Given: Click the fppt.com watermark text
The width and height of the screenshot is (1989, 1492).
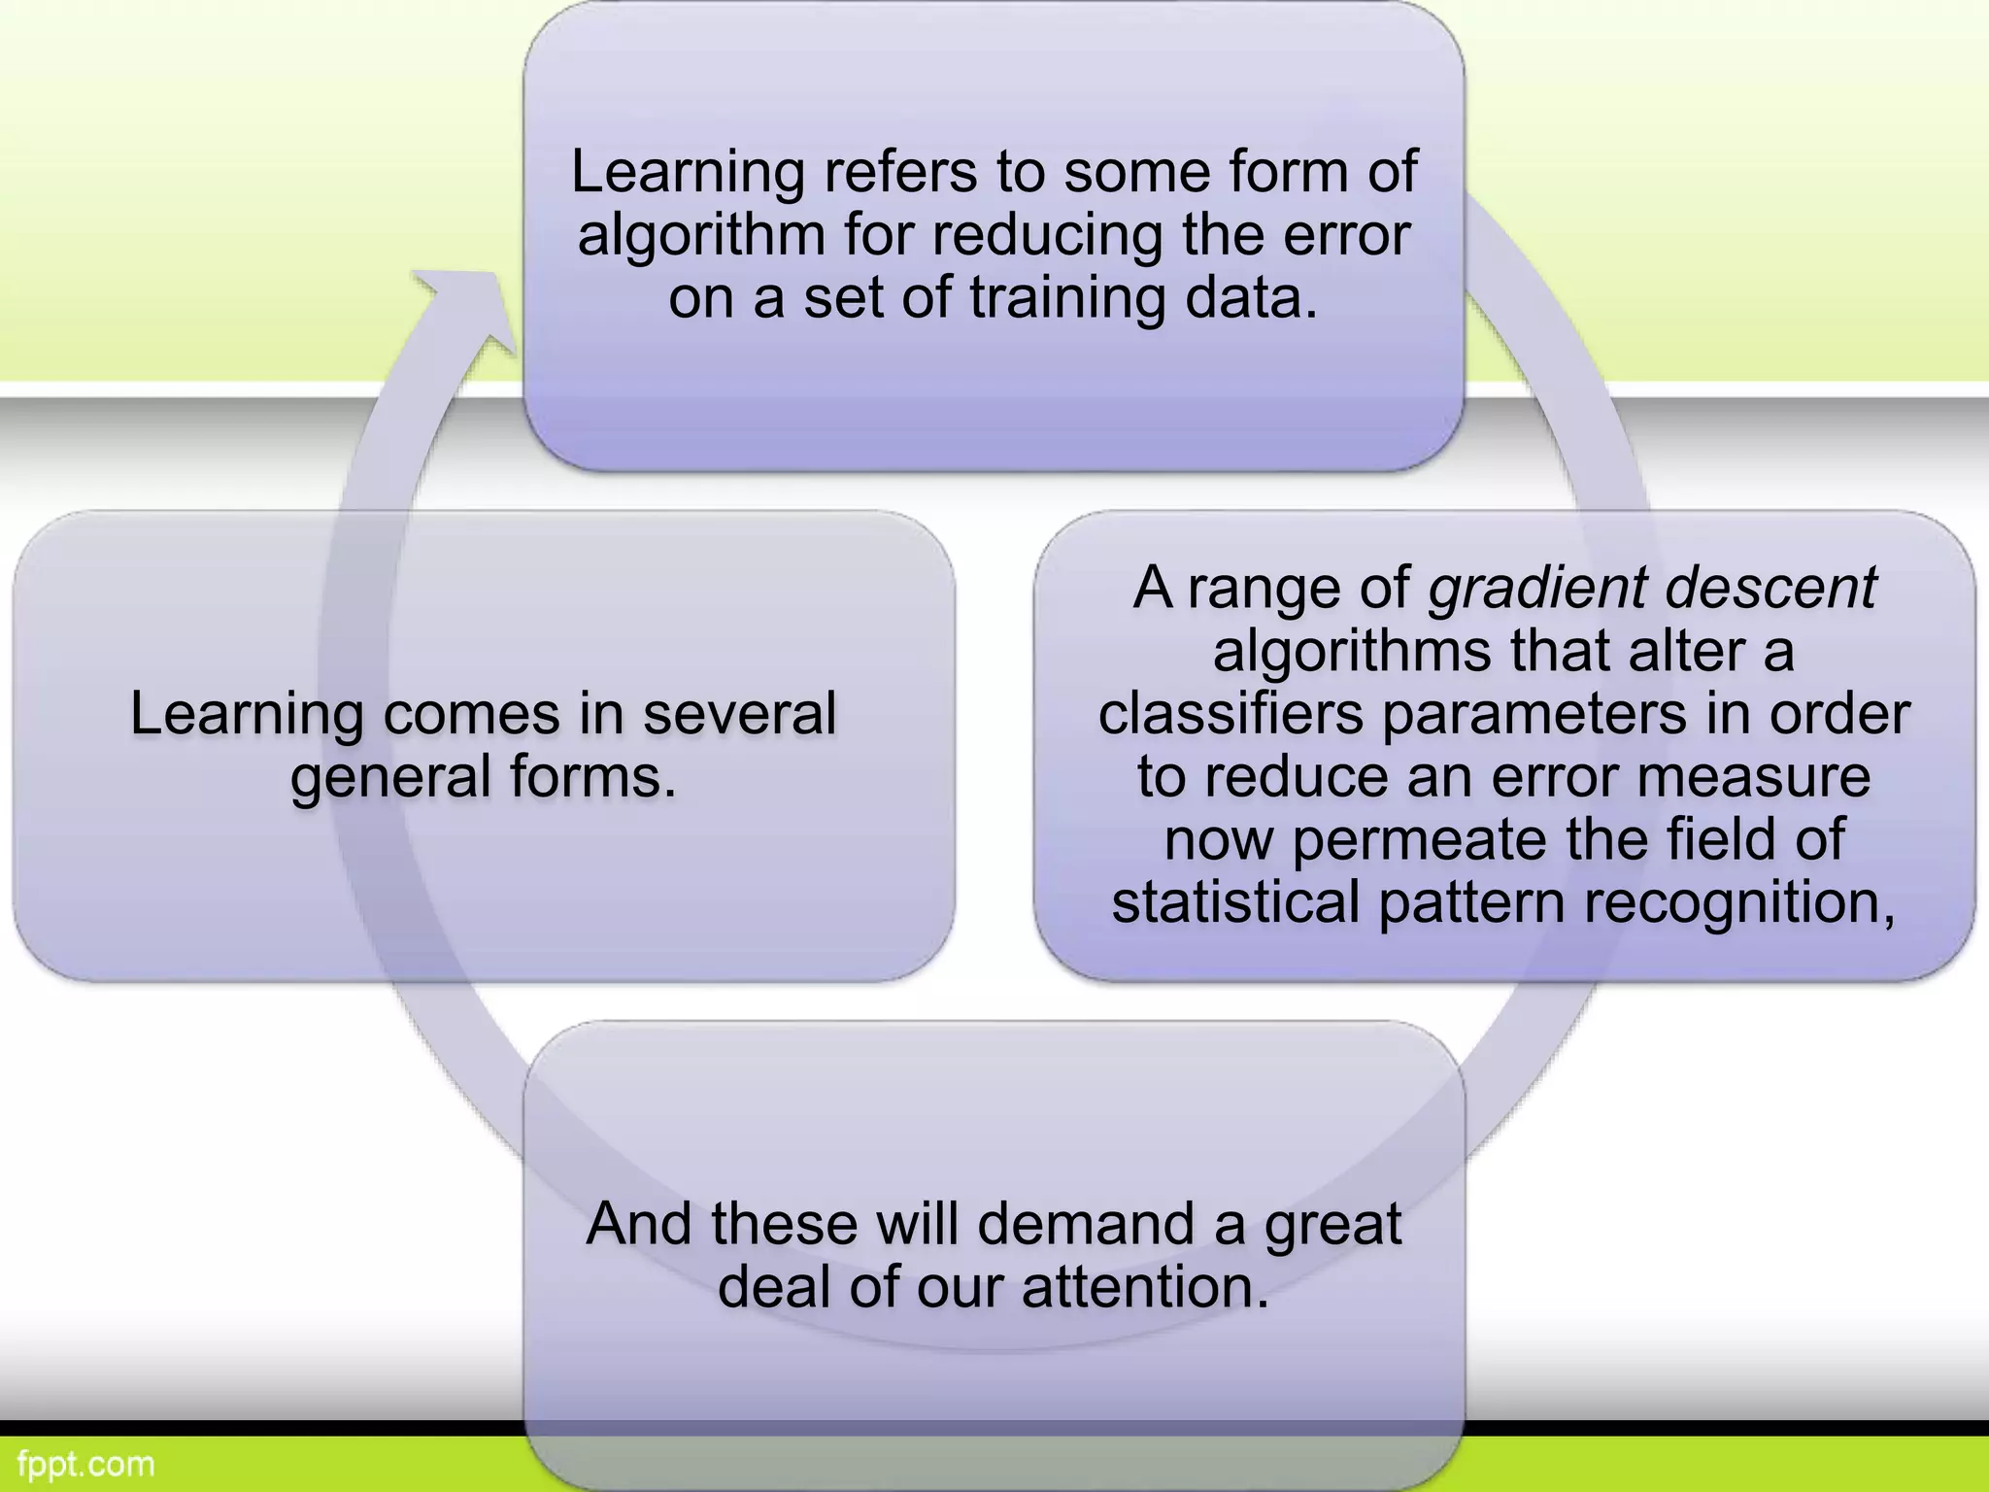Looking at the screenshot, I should [x=85, y=1464].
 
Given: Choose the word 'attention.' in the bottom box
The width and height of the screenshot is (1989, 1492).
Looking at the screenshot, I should [x=1145, y=1287].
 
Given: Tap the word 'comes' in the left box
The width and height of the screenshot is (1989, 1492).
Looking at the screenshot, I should [x=471, y=714].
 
